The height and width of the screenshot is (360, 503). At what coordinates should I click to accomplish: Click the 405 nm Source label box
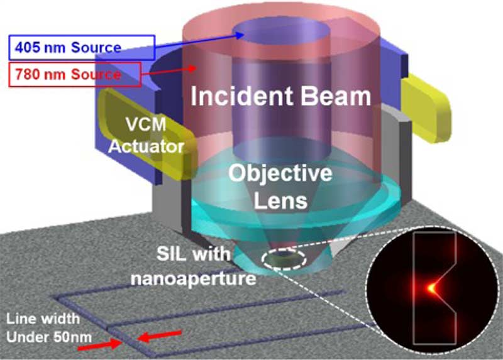82,48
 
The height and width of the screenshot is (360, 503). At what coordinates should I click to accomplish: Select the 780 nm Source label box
75,74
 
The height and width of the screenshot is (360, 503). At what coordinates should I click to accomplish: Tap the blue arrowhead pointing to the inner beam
239,35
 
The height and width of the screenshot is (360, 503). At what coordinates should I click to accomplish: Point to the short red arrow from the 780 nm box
169,71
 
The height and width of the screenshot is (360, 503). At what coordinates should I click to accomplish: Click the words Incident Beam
280,96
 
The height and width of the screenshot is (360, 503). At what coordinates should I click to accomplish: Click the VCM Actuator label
146,135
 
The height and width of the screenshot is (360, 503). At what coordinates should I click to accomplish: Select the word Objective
280,174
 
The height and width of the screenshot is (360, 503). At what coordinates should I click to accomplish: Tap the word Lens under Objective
280,201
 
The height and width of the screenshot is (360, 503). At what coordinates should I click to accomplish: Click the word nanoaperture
194,278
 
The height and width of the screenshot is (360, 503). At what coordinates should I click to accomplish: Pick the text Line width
43,319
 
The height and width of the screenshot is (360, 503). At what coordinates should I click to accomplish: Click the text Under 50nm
49,337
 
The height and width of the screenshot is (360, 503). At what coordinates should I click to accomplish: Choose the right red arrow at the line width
160,335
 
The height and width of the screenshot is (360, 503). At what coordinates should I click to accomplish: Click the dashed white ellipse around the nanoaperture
284,259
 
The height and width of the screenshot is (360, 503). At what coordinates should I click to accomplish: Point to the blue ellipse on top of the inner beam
281,34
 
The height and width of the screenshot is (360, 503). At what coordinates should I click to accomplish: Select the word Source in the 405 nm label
96,48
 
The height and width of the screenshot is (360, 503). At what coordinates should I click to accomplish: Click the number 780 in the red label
28,74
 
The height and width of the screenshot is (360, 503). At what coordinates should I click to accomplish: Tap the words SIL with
194,254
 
